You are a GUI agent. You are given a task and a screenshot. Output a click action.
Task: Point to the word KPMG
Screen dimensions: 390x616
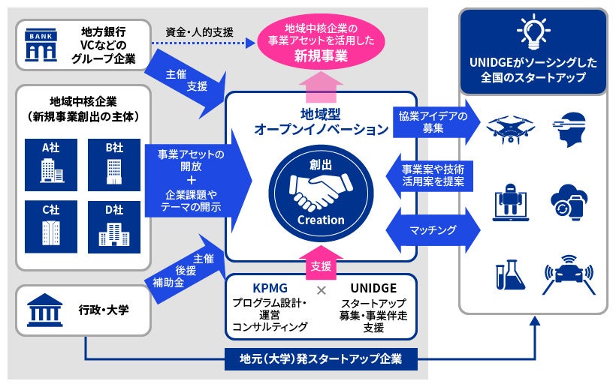(x=270, y=288)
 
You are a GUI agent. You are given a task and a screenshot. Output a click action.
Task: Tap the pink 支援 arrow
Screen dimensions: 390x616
(x=322, y=264)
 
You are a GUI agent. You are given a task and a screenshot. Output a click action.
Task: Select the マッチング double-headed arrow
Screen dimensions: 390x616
(x=433, y=229)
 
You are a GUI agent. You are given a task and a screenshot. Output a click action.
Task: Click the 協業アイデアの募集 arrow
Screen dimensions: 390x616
(x=433, y=121)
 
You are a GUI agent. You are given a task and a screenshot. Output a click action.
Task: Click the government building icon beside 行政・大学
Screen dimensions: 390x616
(x=44, y=308)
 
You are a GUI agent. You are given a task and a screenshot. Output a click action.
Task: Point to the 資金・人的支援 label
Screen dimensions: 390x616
(x=200, y=32)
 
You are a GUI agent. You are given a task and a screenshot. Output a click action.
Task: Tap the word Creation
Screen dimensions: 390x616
(x=321, y=220)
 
